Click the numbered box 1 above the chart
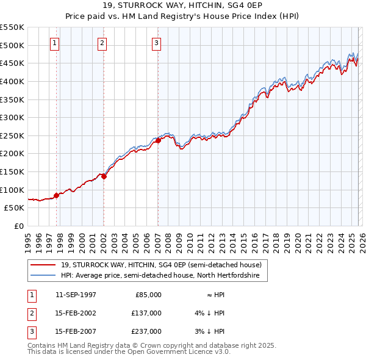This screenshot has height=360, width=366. pos(55,43)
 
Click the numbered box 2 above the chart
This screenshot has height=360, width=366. pos(101,43)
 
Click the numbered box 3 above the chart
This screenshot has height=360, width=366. pos(156,43)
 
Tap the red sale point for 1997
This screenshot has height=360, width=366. pos(56,195)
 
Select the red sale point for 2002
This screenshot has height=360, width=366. pos(104,176)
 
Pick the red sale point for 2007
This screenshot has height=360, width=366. pos(158,140)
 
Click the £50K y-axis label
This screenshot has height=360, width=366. pos(14,207)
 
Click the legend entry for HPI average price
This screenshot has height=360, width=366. pos(160,276)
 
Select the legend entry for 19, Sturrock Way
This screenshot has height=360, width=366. pos(161,265)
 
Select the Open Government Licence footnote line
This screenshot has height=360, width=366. pos(129,352)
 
